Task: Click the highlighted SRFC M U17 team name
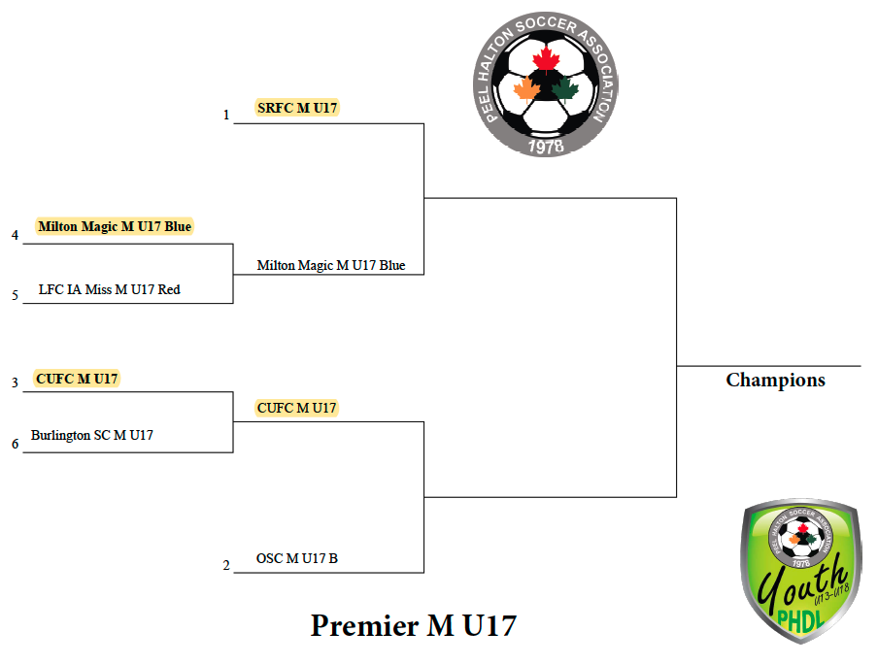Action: pyautogui.click(x=297, y=108)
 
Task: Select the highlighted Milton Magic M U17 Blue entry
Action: pyautogui.click(x=115, y=226)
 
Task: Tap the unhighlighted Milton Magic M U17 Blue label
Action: pyautogui.click(x=331, y=265)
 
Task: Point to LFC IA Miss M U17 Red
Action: pyautogui.click(x=109, y=289)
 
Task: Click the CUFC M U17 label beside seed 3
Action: pyautogui.click(x=77, y=379)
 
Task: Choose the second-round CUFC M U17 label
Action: pyautogui.click(x=297, y=408)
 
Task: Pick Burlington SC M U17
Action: pyautogui.click(x=92, y=435)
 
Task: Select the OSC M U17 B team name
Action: pyautogui.click(x=297, y=558)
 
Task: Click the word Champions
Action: pyautogui.click(x=775, y=381)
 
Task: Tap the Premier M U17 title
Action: pyautogui.click(x=413, y=625)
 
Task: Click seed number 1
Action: pyautogui.click(x=226, y=115)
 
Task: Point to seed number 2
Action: pyautogui.click(x=226, y=565)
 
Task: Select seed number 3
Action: pyautogui.click(x=16, y=382)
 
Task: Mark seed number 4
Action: pyautogui.click(x=16, y=235)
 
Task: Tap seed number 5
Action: pyautogui.click(x=16, y=295)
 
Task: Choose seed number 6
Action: pyautogui.click(x=16, y=444)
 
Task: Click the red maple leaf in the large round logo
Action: pyautogui.click(x=546, y=60)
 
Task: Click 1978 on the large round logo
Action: pyautogui.click(x=546, y=146)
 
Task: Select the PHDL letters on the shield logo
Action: pyautogui.click(x=800, y=620)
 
